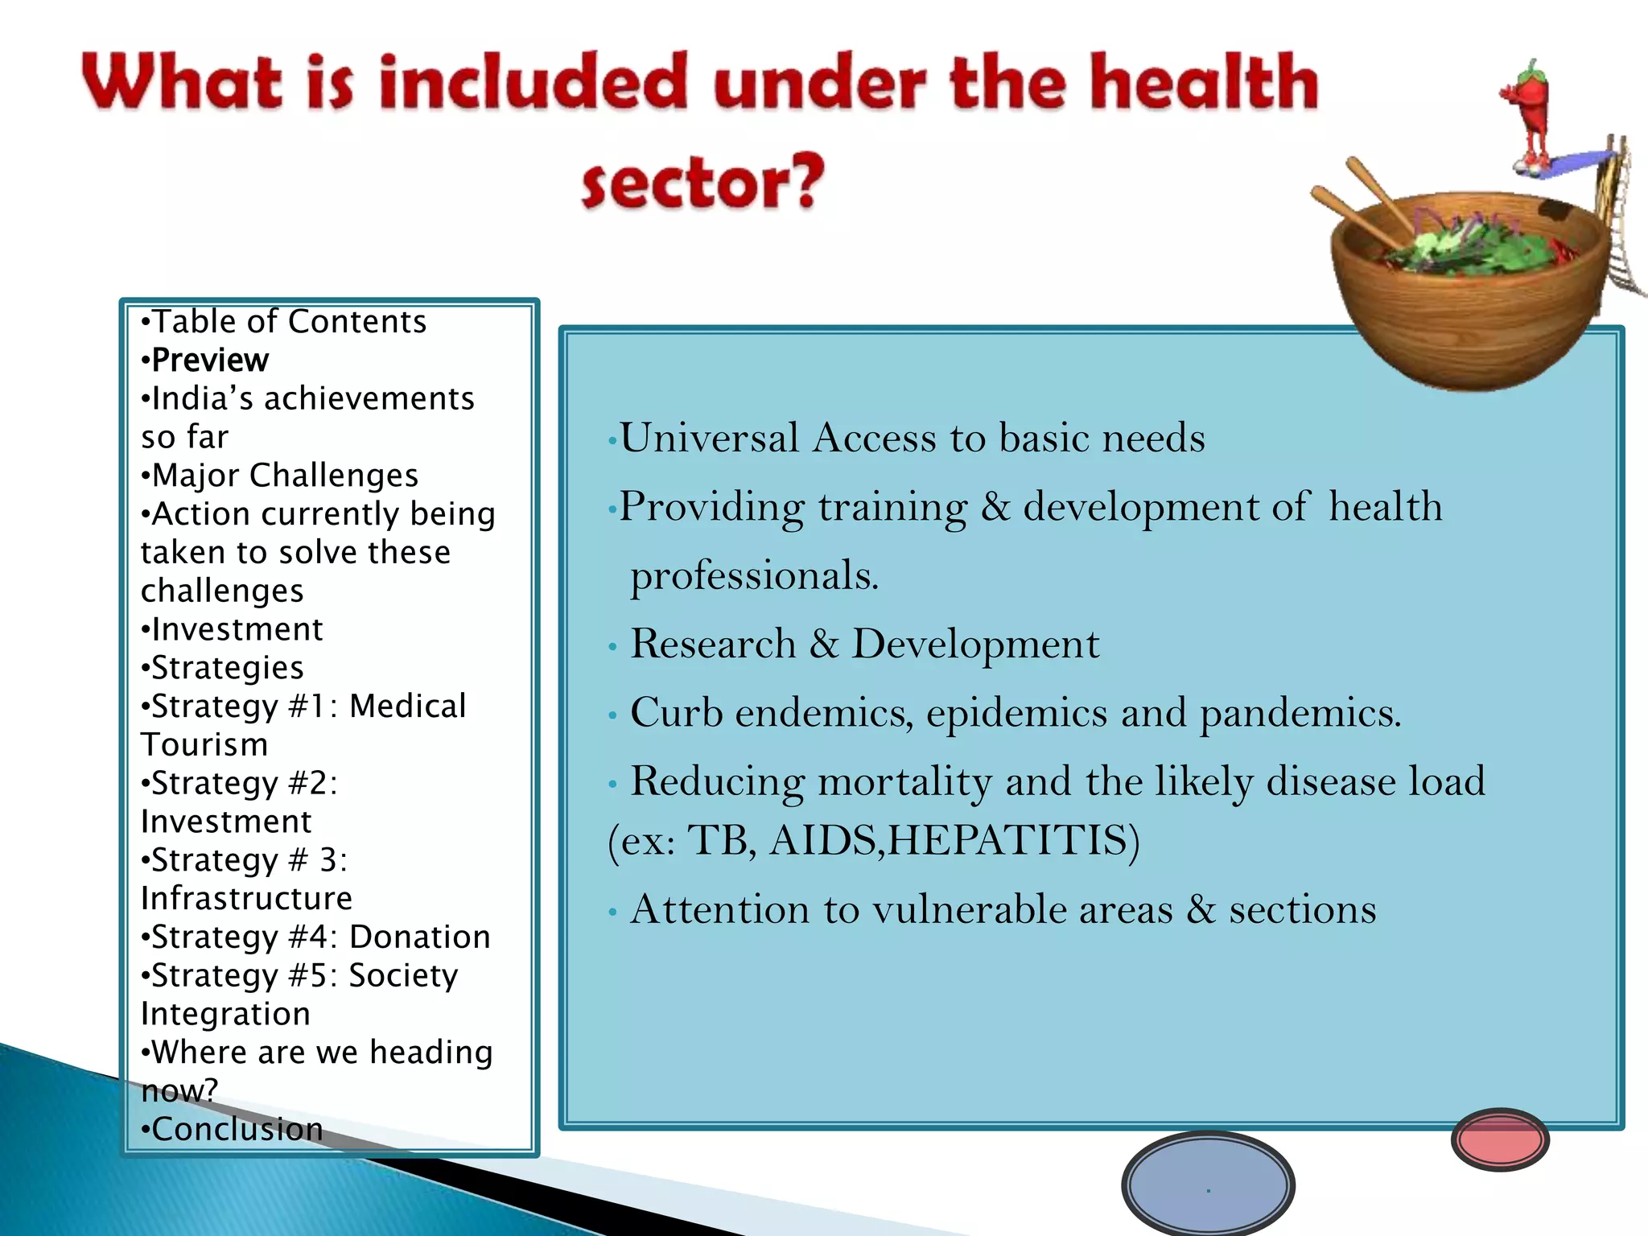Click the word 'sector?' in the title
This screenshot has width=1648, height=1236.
(x=703, y=181)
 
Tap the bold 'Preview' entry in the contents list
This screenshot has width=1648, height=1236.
(x=210, y=360)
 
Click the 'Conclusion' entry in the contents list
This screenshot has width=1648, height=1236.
(x=237, y=1129)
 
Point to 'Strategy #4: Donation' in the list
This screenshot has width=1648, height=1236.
(x=321, y=937)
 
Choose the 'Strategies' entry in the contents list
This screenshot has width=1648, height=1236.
(x=228, y=668)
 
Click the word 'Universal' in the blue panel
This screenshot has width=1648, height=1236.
(x=709, y=439)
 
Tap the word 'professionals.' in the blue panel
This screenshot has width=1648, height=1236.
(x=754, y=575)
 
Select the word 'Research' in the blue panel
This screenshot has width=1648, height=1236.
(x=713, y=644)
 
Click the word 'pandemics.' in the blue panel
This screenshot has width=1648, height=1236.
(x=1300, y=713)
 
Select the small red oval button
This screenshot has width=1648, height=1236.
(x=1500, y=1139)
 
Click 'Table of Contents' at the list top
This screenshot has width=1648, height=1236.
(x=289, y=322)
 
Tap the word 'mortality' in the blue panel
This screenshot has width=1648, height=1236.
(x=904, y=781)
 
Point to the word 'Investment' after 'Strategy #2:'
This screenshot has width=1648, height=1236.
(x=226, y=822)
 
